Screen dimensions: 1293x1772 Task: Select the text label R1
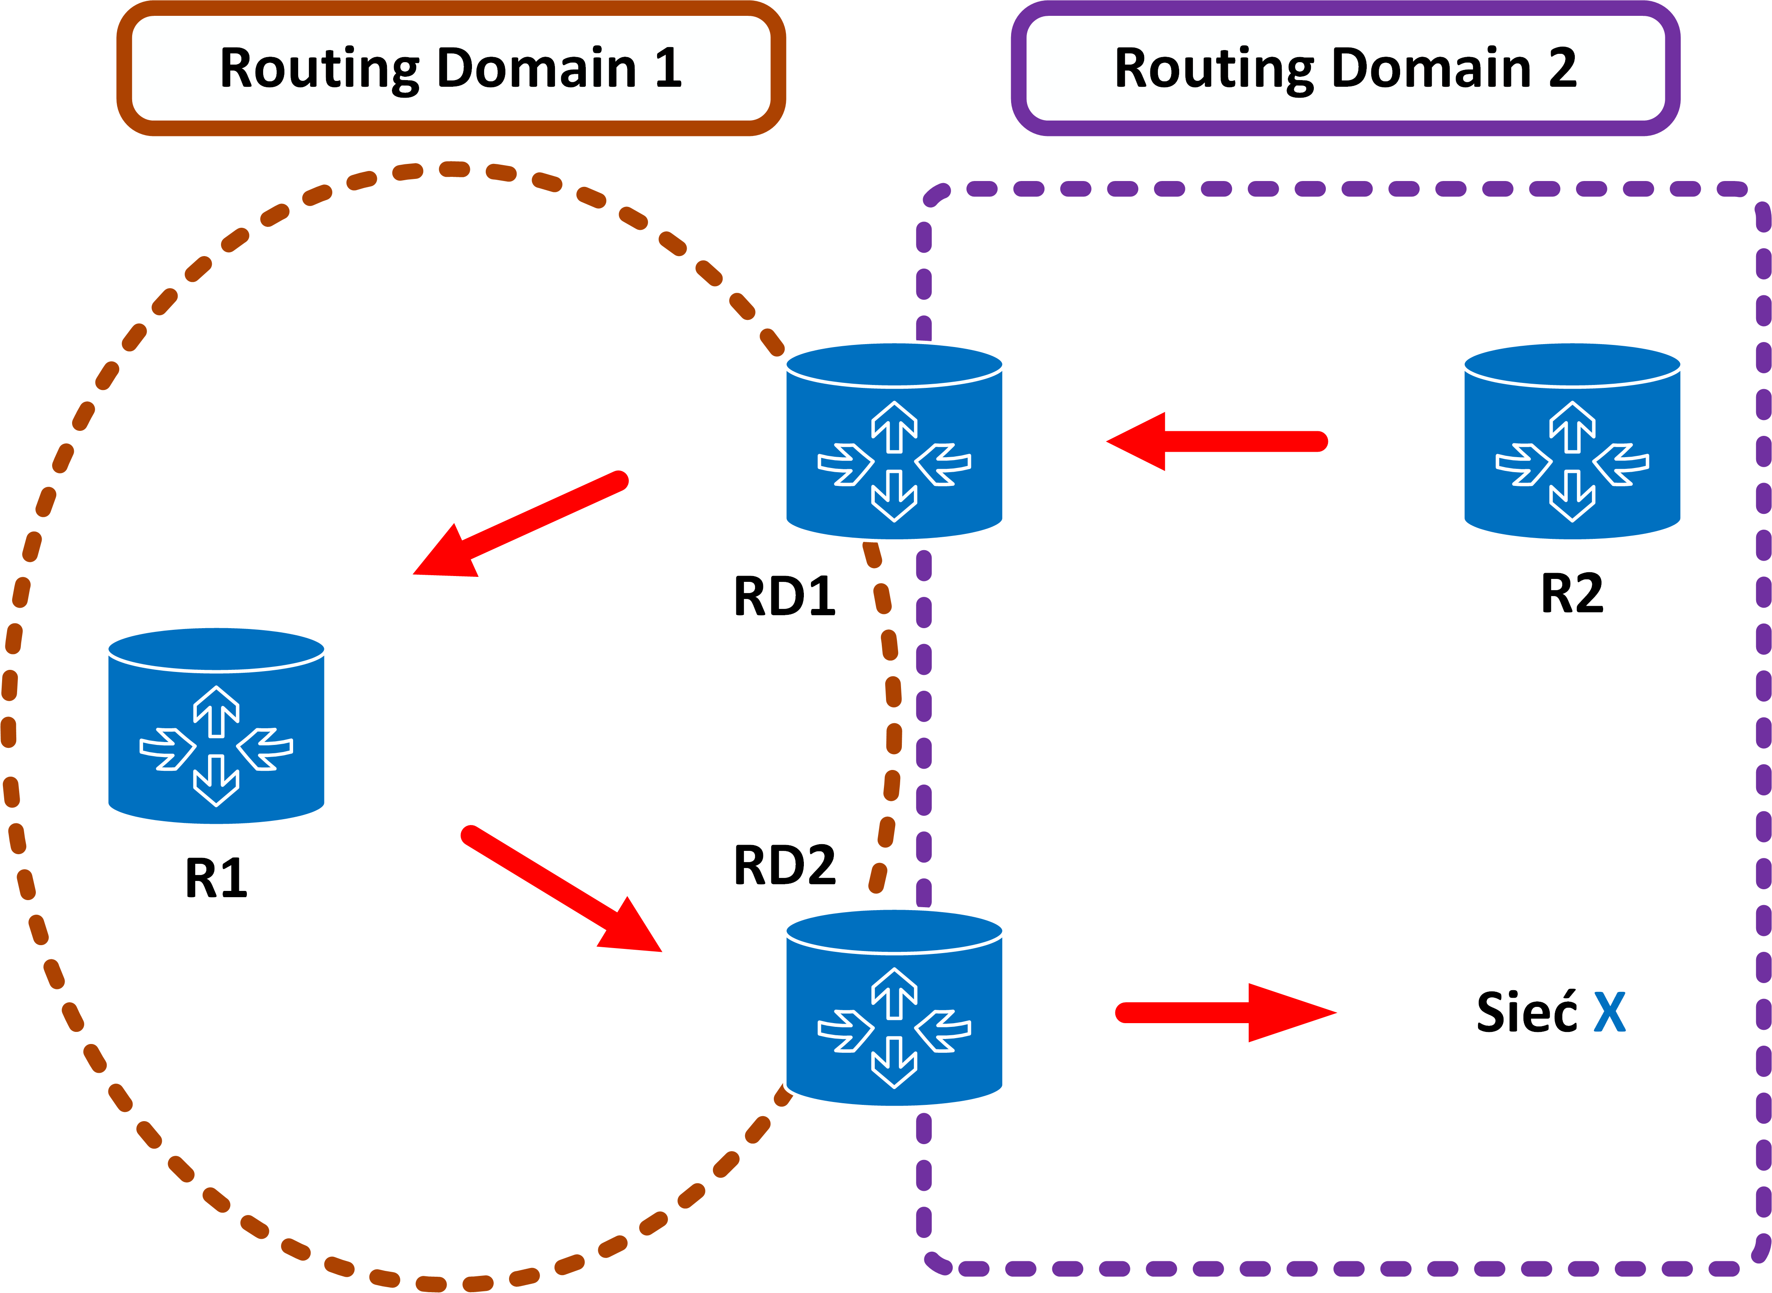pos(216,878)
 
